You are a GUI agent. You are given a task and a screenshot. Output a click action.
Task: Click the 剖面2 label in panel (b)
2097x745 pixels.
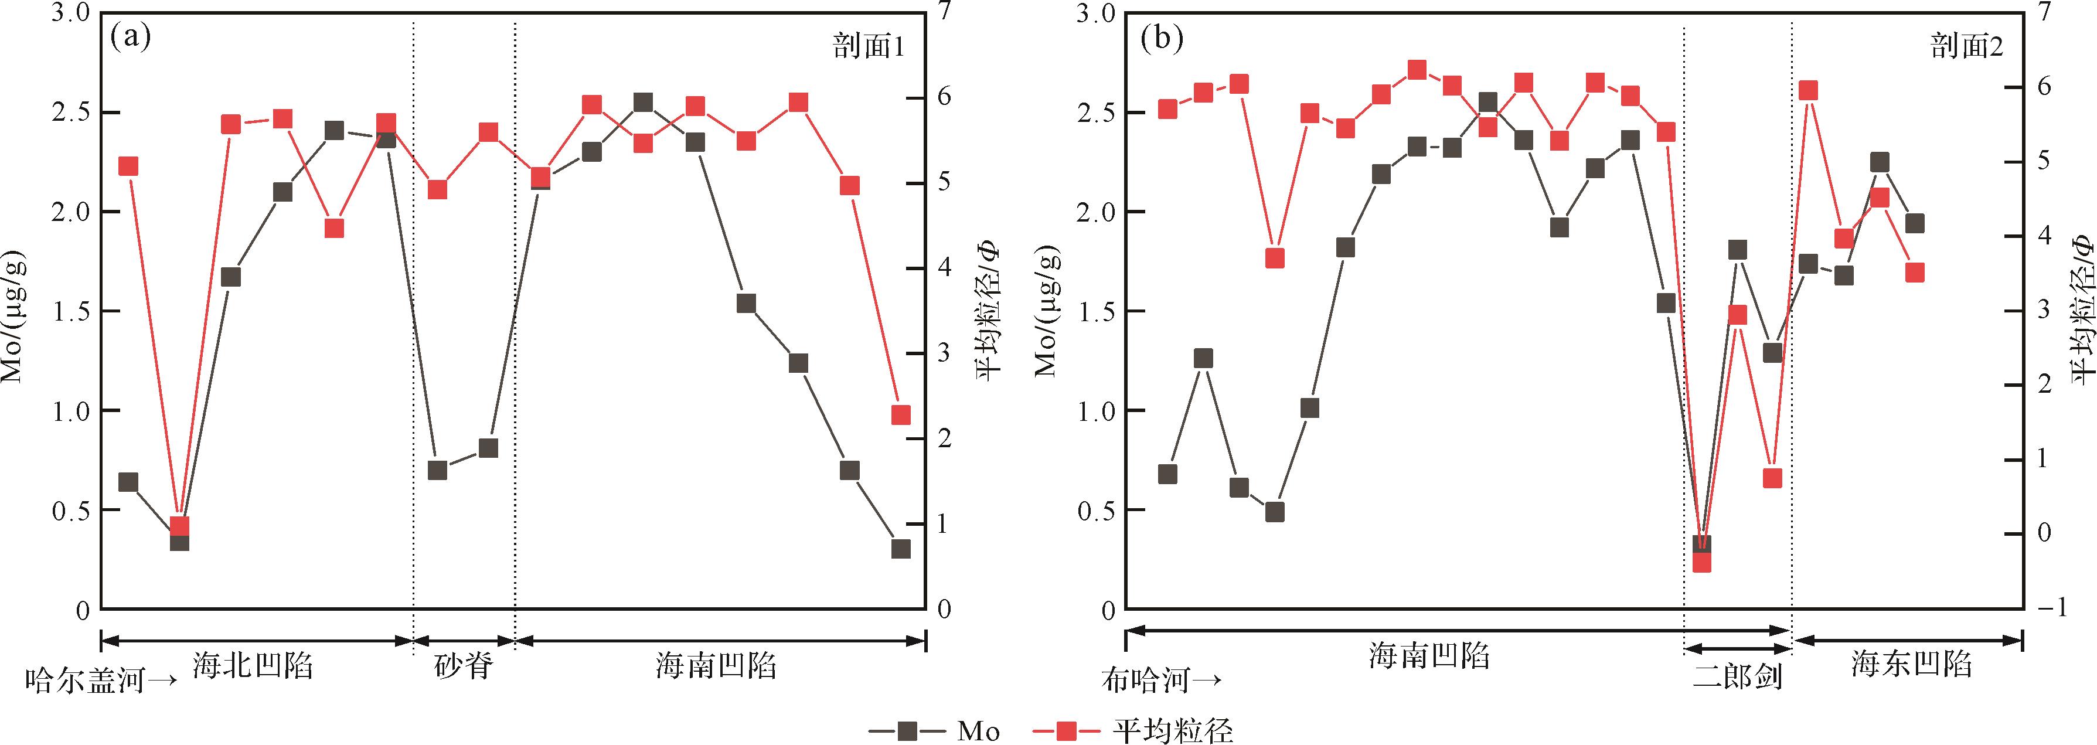1966,47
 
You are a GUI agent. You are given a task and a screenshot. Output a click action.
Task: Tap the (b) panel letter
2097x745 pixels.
1162,38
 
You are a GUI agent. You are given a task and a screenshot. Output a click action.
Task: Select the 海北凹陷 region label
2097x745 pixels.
253,666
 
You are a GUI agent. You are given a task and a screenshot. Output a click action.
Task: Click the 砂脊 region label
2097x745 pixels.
463,666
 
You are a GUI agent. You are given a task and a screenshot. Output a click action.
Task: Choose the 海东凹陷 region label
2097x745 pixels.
1911,666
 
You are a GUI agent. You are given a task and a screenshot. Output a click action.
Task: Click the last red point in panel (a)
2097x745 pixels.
900,415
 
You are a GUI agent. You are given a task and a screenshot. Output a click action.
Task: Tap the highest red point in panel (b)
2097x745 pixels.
1417,70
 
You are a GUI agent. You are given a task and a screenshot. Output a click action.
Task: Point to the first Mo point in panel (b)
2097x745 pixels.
1167,474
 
